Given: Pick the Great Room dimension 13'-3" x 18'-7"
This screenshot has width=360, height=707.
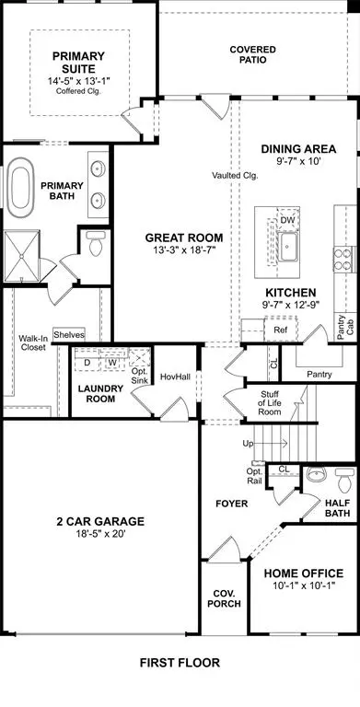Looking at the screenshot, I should [x=184, y=252].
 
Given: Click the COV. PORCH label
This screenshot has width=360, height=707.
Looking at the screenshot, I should [x=224, y=597].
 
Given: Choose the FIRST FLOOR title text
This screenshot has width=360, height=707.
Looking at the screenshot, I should [x=180, y=662].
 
